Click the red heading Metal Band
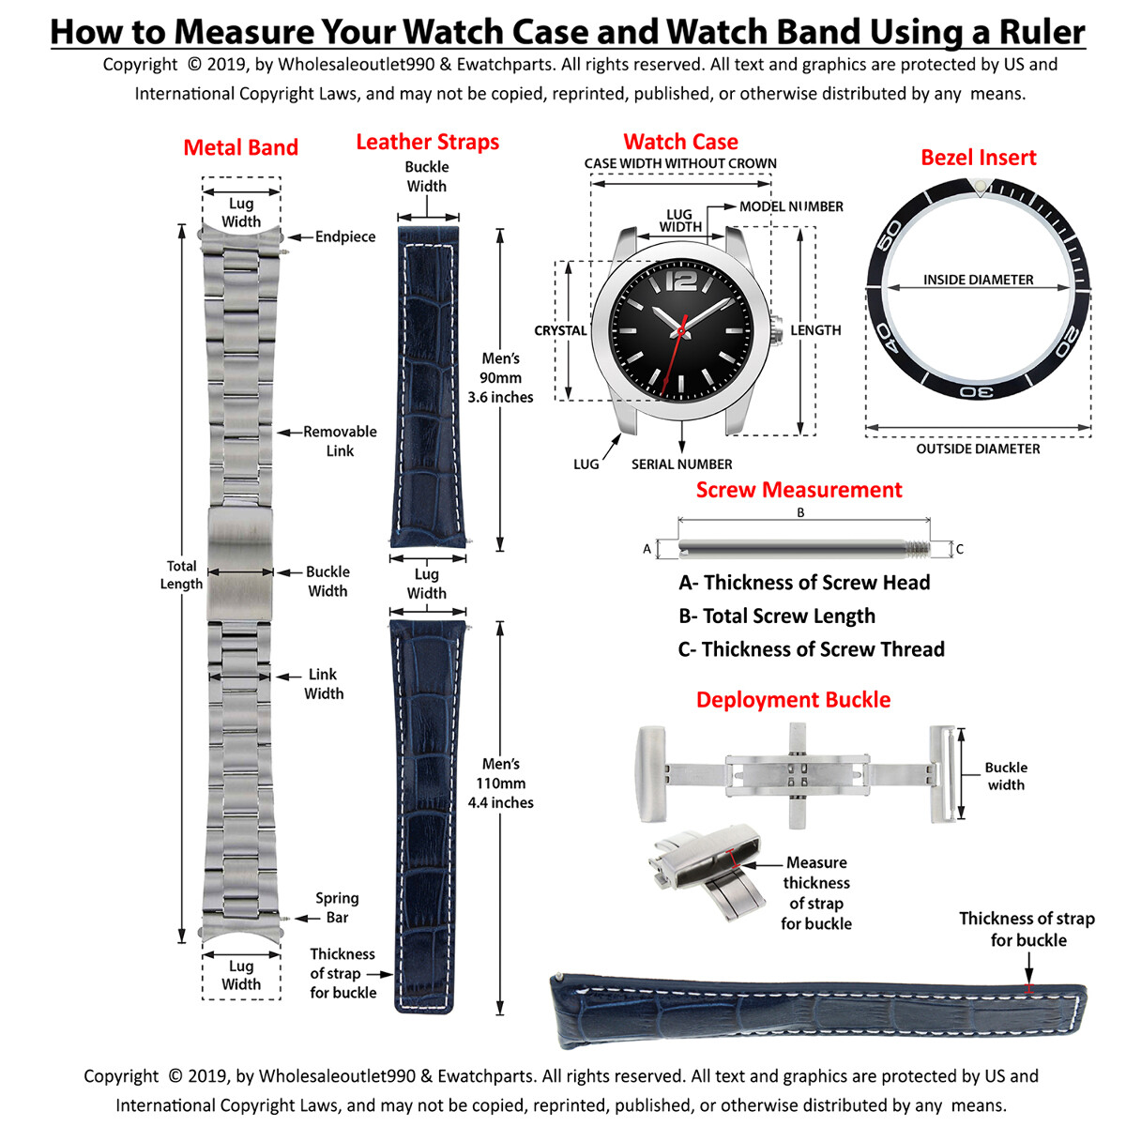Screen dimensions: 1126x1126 (x=240, y=147)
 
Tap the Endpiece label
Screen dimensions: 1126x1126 (x=344, y=236)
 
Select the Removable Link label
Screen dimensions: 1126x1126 (x=339, y=441)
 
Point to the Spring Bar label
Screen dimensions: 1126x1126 (x=337, y=907)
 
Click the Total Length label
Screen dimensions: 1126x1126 (x=181, y=574)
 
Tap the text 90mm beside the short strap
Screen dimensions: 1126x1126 (x=500, y=377)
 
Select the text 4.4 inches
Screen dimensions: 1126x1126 (x=500, y=802)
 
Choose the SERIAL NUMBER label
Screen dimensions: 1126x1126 (x=681, y=464)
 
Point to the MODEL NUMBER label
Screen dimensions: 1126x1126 (x=790, y=206)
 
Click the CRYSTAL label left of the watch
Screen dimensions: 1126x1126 (x=560, y=330)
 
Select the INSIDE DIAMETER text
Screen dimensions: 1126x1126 (x=978, y=280)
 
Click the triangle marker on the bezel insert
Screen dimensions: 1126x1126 (x=979, y=190)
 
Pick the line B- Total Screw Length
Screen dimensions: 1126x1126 (x=776, y=616)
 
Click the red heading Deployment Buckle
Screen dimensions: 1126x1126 (x=793, y=699)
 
